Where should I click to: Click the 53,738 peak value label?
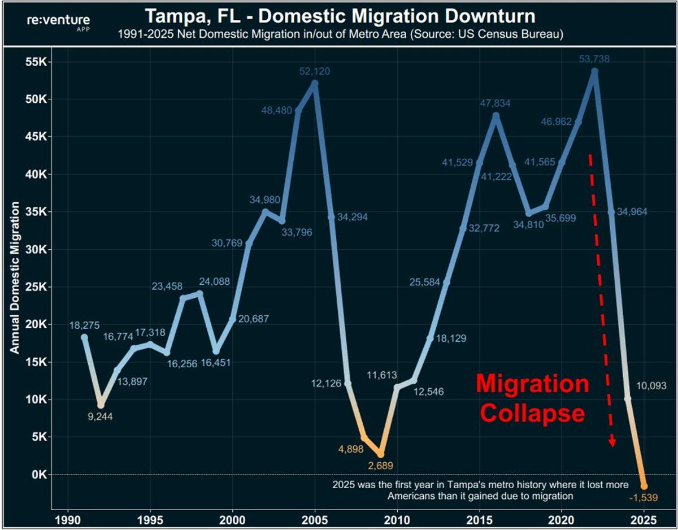point(594,59)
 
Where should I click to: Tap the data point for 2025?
point(644,486)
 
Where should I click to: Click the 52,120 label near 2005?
point(315,72)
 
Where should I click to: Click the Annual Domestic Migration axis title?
point(15,277)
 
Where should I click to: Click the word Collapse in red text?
point(532,413)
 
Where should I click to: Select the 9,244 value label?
point(101,418)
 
